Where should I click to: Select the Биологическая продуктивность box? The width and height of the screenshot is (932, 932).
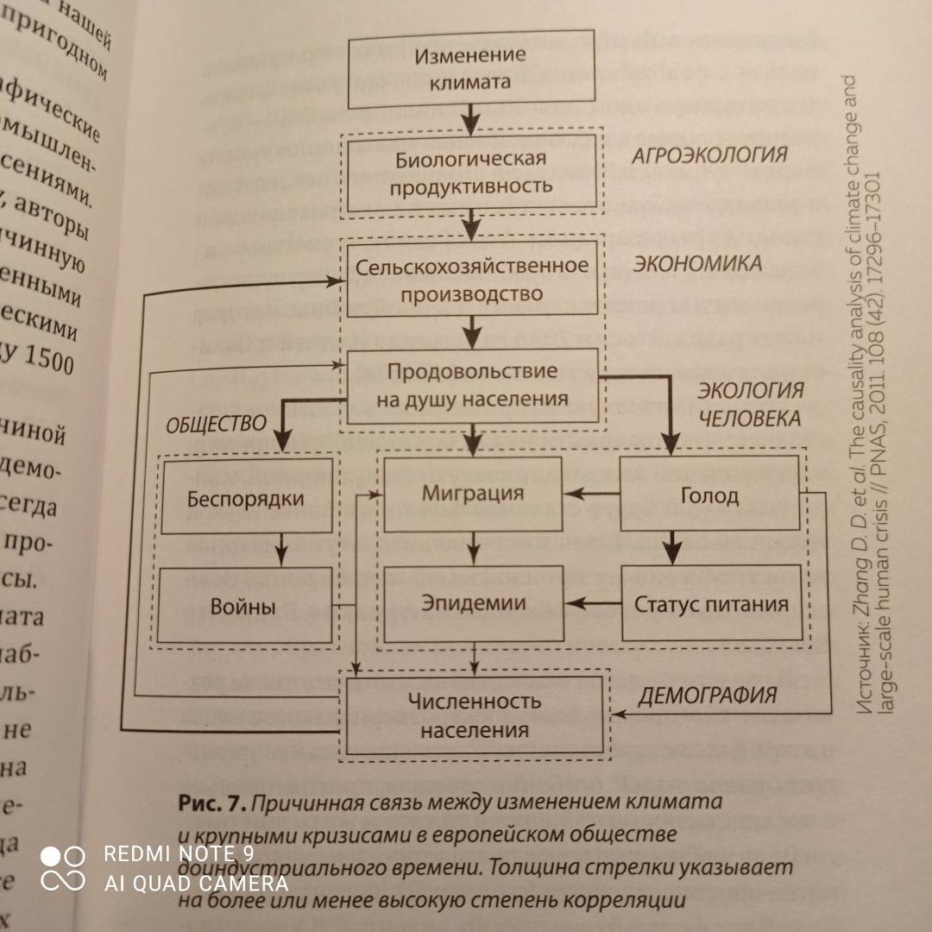[471, 173]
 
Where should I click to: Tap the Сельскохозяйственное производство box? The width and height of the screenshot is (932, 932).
[473, 279]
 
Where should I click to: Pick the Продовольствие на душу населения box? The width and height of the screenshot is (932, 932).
[473, 385]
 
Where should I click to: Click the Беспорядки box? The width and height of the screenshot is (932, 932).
[245, 498]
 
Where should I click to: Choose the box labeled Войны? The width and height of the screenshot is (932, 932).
[243, 606]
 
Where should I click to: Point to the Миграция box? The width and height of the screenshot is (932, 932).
[473, 494]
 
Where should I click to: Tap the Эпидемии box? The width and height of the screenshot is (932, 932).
[473, 602]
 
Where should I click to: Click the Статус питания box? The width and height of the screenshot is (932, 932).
[712, 603]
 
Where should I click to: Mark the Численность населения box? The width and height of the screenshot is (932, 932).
[474, 715]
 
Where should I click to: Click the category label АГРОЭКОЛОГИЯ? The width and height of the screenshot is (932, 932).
[709, 155]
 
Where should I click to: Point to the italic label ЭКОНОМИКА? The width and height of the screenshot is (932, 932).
[697, 263]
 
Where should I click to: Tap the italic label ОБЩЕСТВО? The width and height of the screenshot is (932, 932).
[215, 425]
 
